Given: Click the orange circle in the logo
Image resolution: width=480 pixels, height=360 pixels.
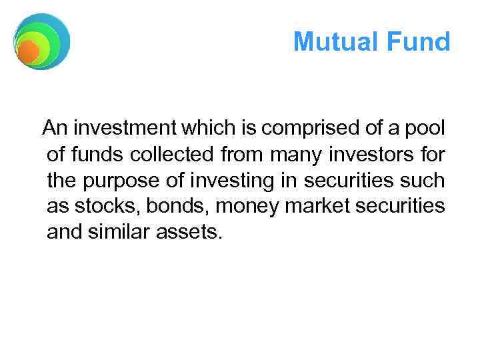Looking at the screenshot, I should click(28, 51).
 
